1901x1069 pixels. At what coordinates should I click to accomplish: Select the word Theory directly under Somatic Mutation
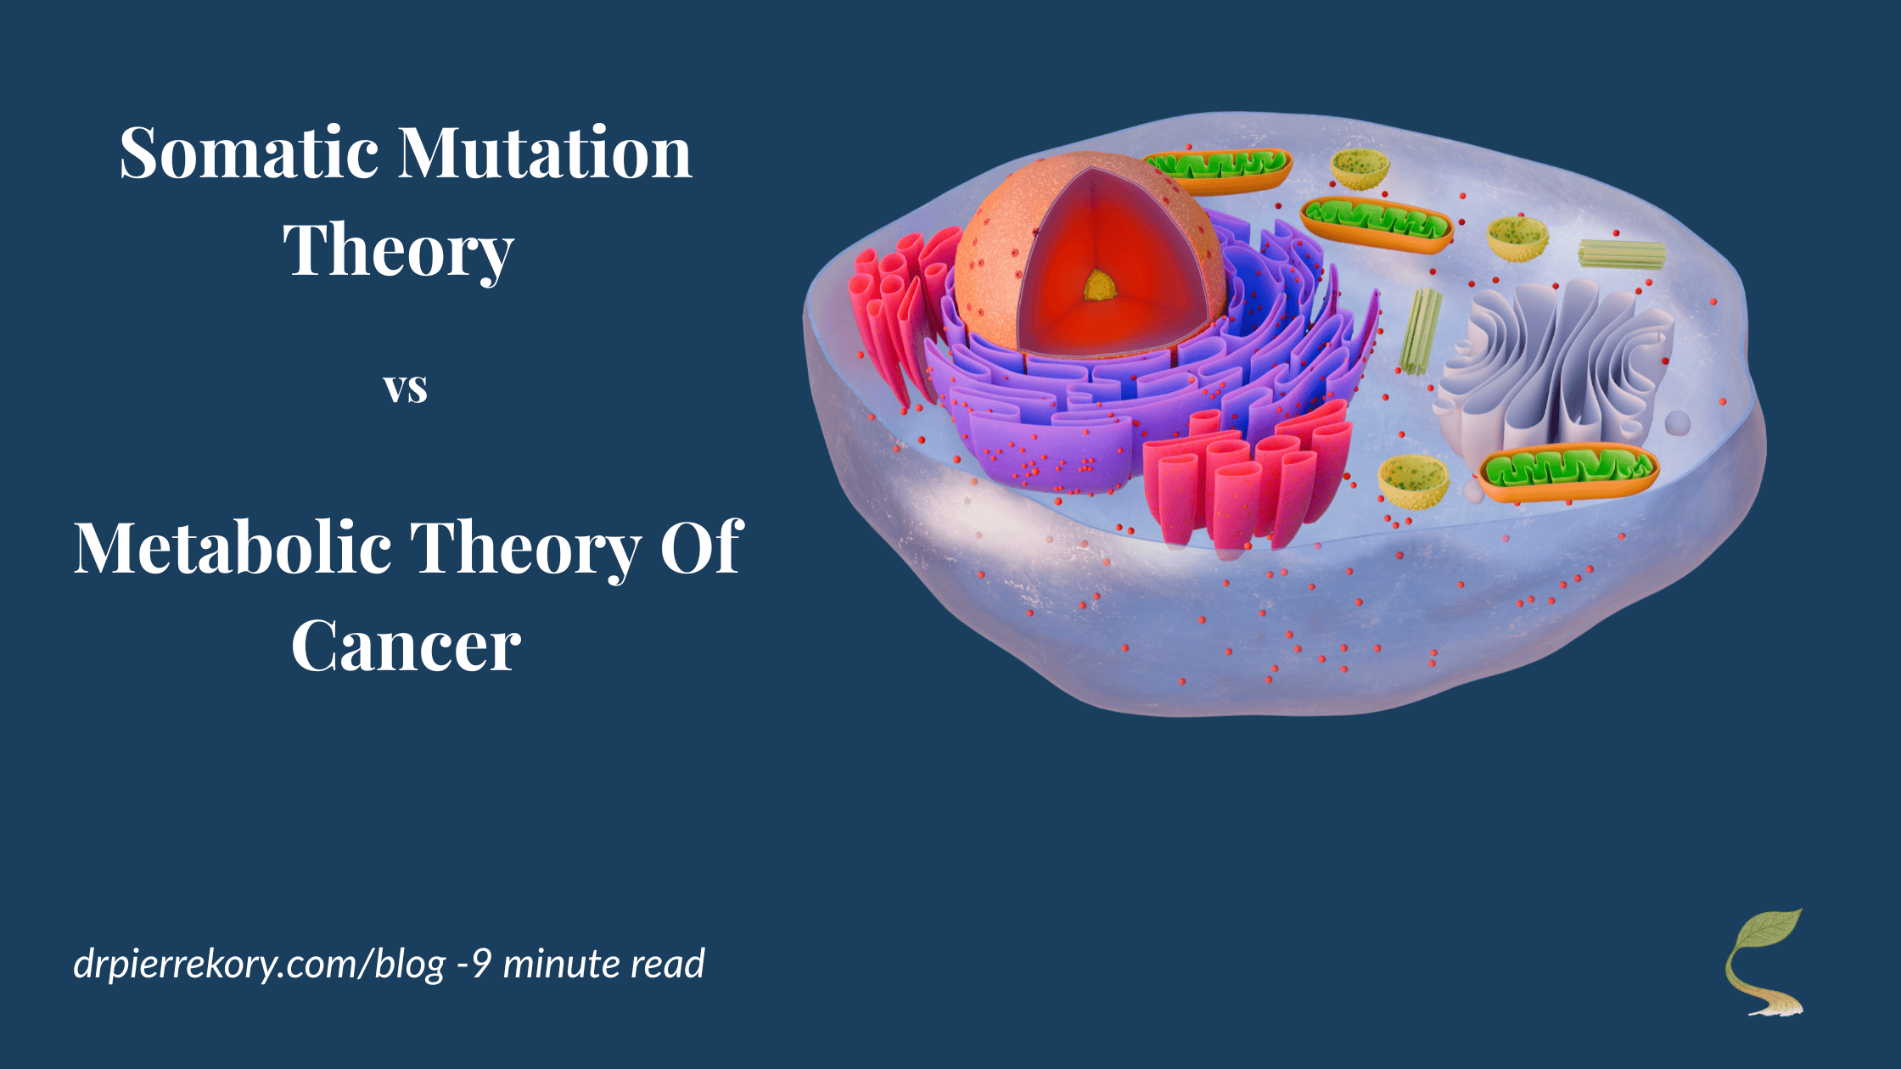click(398, 252)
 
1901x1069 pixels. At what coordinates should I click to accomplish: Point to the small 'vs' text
click(406, 389)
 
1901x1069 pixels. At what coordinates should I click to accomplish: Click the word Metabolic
click(233, 547)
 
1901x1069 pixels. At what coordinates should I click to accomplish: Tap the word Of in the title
click(702, 547)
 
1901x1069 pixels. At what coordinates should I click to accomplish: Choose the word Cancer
click(406, 646)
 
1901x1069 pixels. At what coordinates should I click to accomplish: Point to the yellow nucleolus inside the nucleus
click(1100, 286)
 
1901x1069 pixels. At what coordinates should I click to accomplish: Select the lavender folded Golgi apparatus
click(1555, 365)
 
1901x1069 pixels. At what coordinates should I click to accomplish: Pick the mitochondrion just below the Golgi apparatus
click(1567, 472)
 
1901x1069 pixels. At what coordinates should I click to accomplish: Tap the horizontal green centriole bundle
click(1622, 254)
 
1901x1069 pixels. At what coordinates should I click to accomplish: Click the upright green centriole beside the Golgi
click(1420, 331)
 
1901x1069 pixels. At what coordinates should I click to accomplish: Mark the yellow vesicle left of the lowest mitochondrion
click(1413, 482)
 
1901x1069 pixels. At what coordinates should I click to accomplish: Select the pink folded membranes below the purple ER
click(1247, 477)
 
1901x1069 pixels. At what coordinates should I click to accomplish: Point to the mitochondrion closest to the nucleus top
click(1217, 169)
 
